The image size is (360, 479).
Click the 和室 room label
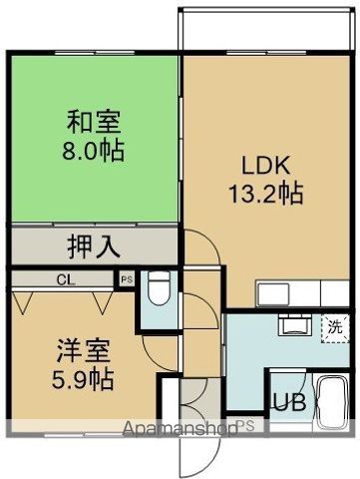(x=95, y=124)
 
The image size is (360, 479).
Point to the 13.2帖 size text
(x=263, y=192)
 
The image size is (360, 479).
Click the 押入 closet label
(x=94, y=245)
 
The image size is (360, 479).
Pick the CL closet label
(x=63, y=279)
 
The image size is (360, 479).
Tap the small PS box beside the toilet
(x=126, y=280)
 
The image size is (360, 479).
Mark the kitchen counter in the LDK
(x=300, y=293)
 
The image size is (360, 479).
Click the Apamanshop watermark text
(x=180, y=429)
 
